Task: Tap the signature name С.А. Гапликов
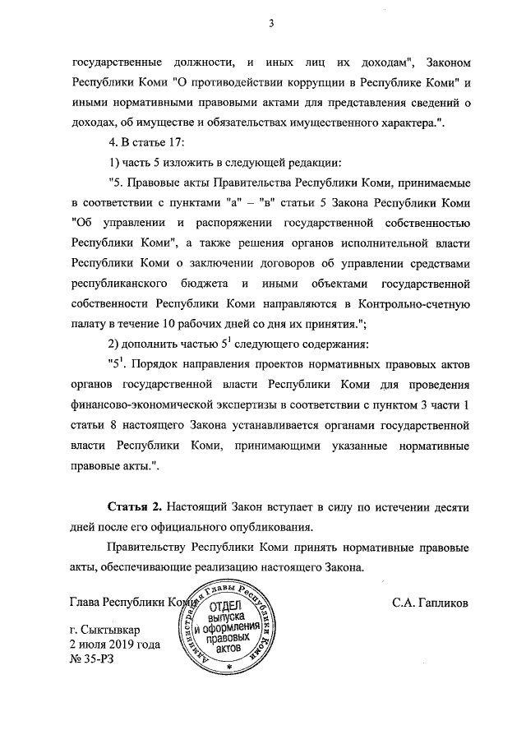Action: tap(431, 603)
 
